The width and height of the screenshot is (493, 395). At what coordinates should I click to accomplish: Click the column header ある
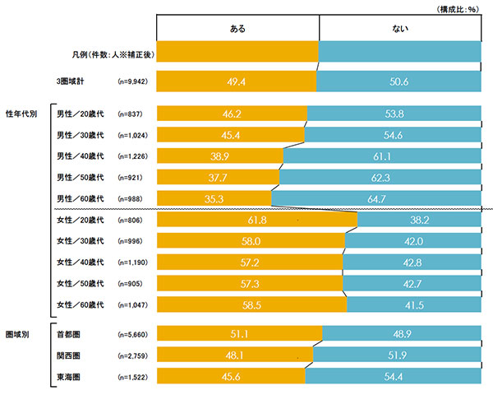pos(237,28)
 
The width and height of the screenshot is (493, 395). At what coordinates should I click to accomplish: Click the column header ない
pos(401,28)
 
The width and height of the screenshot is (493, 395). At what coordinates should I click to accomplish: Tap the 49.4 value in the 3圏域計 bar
pos(237,81)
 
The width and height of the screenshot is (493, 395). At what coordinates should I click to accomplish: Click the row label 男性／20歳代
pos(80,113)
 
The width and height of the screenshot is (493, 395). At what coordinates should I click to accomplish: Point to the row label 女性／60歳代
pos(80,305)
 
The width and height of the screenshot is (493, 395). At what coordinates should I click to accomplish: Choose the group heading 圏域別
pos(18,335)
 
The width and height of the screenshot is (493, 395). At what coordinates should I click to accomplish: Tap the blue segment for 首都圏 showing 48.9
pos(401,335)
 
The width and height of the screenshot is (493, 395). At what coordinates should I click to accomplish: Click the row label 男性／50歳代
pos(80,177)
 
